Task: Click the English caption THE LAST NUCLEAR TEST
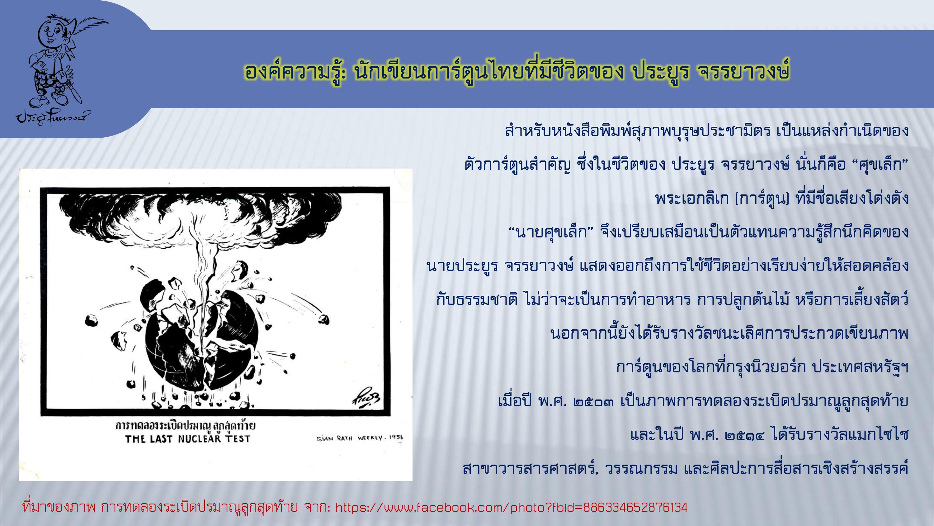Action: pyautogui.click(x=188, y=439)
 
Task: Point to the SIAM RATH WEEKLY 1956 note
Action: pyautogui.click(x=360, y=438)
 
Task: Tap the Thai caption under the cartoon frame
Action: pyautogui.click(x=185, y=426)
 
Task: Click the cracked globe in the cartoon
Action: pyautogui.click(x=202, y=337)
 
